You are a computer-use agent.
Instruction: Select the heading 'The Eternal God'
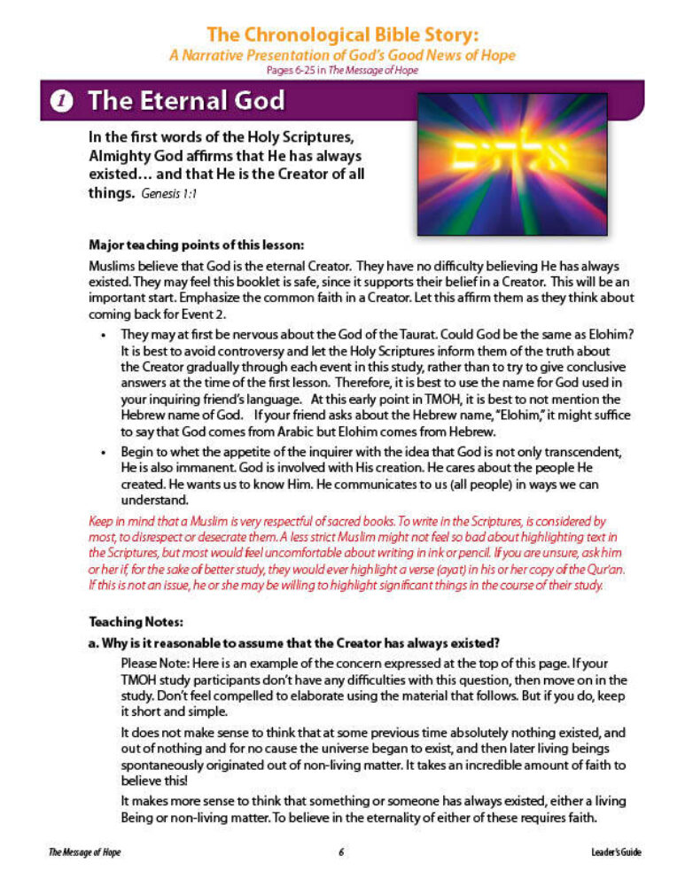click(186, 101)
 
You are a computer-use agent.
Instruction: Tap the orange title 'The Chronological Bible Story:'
click(342, 35)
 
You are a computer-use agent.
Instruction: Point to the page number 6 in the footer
click(341, 852)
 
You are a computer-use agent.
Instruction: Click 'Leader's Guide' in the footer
click(615, 852)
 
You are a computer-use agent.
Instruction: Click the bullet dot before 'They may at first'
click(105, 336)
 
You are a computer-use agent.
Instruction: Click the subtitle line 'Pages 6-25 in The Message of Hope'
click(342, 71)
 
